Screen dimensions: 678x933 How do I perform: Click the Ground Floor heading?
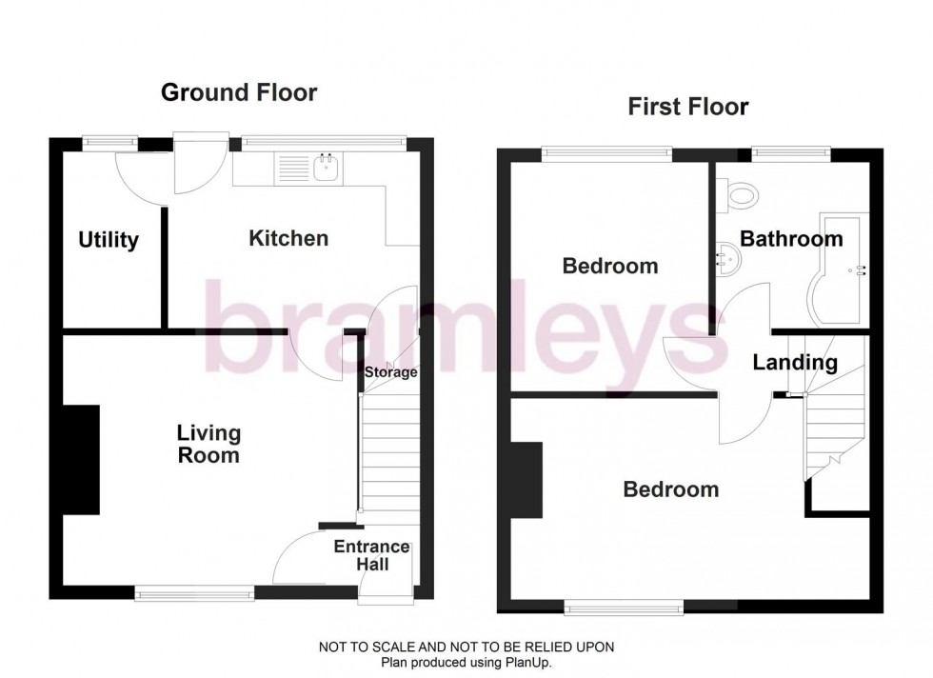(238, 92)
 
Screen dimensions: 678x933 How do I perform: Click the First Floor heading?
(687, 106)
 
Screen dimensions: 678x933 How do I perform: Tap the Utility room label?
(108, 240)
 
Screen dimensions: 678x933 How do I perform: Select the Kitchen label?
(288, 238)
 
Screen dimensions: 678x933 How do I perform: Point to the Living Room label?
(208, 445)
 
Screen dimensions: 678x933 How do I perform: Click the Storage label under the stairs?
(391, 372)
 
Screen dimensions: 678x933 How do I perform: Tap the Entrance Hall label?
(371, 555)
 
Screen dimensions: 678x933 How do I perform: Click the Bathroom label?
(791, 239)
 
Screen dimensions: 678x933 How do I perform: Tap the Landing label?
(795, 363)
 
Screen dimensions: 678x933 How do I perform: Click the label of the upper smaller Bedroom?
(609, 266)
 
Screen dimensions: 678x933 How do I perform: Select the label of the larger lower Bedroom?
(670, 489)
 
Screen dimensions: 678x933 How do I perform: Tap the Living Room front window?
(194, 593)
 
